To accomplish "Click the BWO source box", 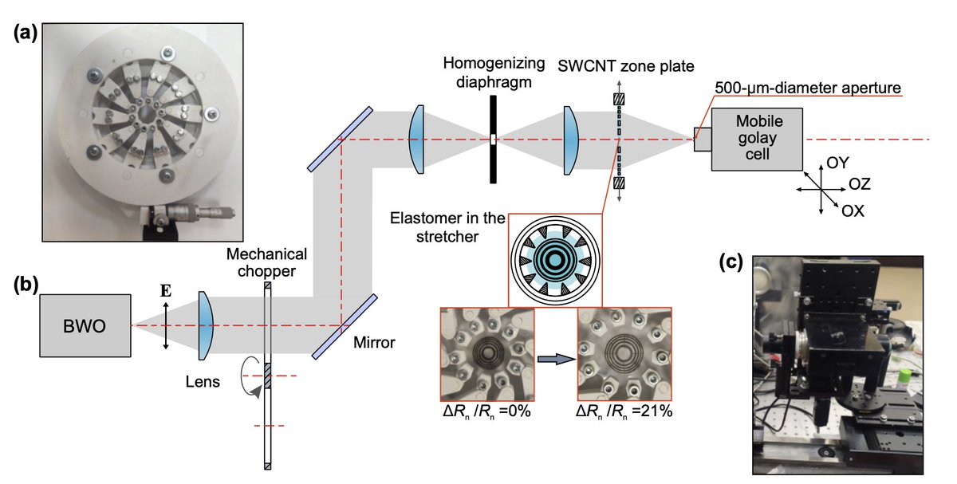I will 86,325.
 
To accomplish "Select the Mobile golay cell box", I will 758,140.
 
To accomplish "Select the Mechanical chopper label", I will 266,264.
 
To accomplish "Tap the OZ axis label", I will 858,185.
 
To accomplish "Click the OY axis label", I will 837,163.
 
